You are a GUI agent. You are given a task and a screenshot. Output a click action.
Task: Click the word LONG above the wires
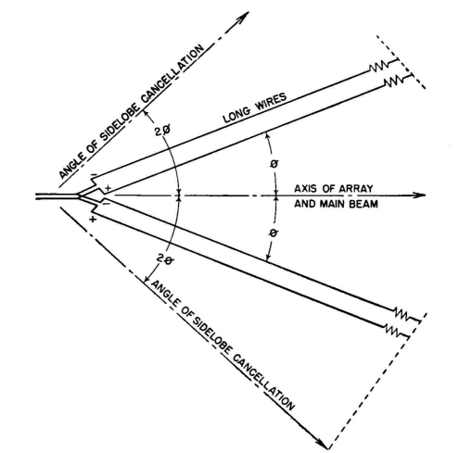click(x=237, y=114)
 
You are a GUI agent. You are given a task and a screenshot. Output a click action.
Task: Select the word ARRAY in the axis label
click(x=356, y=188)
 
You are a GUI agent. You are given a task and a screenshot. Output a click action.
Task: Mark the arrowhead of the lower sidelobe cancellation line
click(x=321, y=443)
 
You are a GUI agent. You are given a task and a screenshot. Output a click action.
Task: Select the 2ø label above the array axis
click(x=162, y=132)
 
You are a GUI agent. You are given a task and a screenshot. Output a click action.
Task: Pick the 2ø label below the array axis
click(x=166, y=259)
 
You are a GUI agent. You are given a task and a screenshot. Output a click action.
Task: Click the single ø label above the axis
click(x=274, y=164)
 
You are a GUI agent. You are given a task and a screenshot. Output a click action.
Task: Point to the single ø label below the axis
click(x=274, y=233)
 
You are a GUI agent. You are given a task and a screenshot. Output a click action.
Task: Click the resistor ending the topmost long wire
click(x=378, y=67)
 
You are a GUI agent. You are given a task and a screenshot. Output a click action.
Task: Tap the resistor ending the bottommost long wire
click(x=392, y=331)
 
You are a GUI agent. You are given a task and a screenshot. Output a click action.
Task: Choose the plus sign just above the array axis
click(x=108, y=188)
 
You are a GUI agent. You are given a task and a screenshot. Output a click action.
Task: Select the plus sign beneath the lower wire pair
click(x=93, y=220)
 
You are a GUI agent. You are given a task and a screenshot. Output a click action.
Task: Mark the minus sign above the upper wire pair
click(x=94, y=176)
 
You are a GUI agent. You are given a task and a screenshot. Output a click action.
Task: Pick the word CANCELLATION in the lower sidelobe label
click(x=262, y=383)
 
